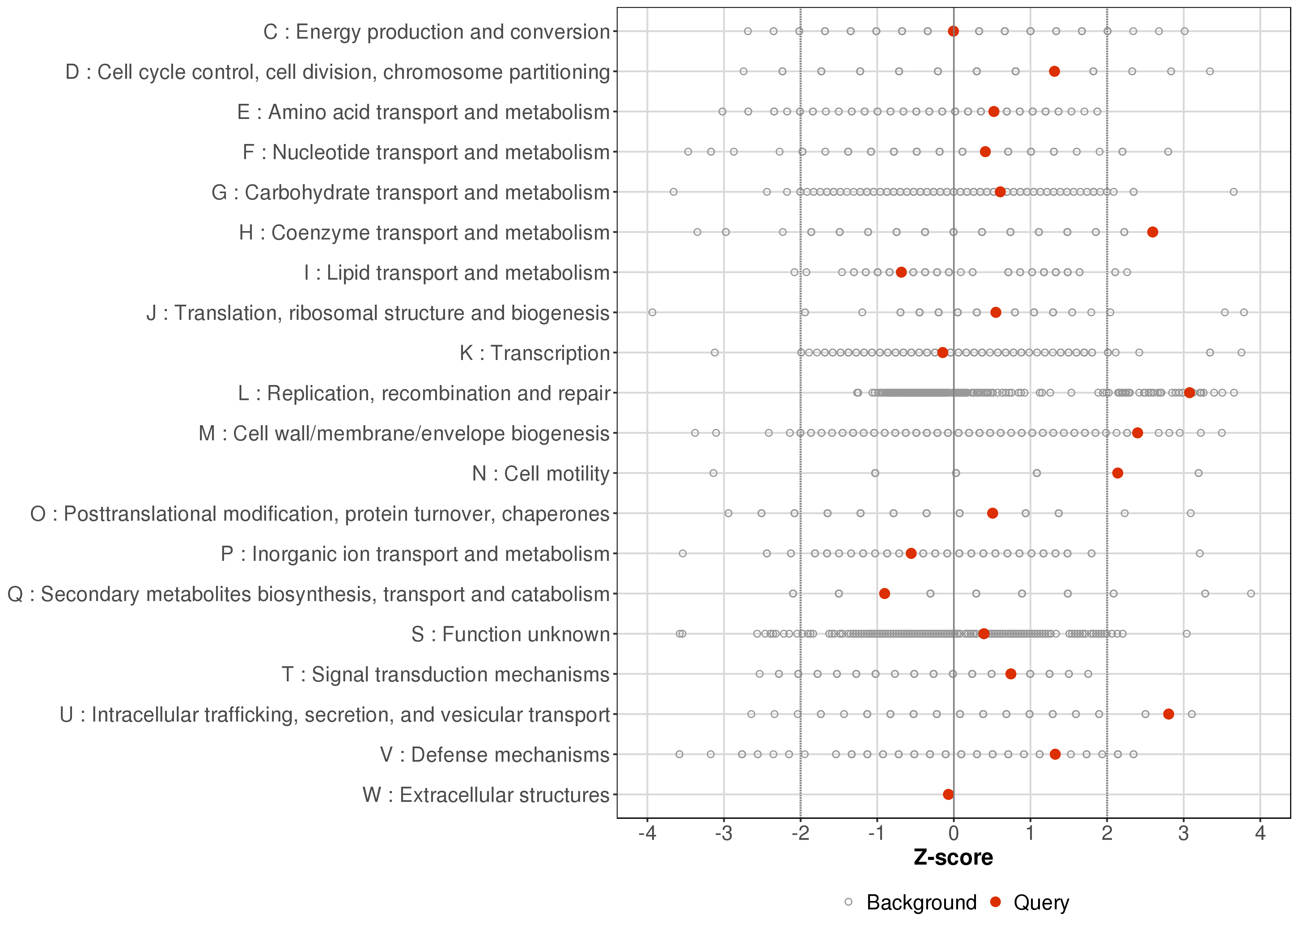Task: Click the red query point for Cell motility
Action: [x=1118, y=473]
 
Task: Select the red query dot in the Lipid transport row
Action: [x=901, y=272]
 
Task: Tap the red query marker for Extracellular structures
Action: [x=948, y=794]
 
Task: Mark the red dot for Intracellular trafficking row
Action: [x=1169, y=714]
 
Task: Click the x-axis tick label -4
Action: [x=647, y=834]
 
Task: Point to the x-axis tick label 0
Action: [x=953, y=834]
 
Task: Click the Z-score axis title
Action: [x=953, y=858]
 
